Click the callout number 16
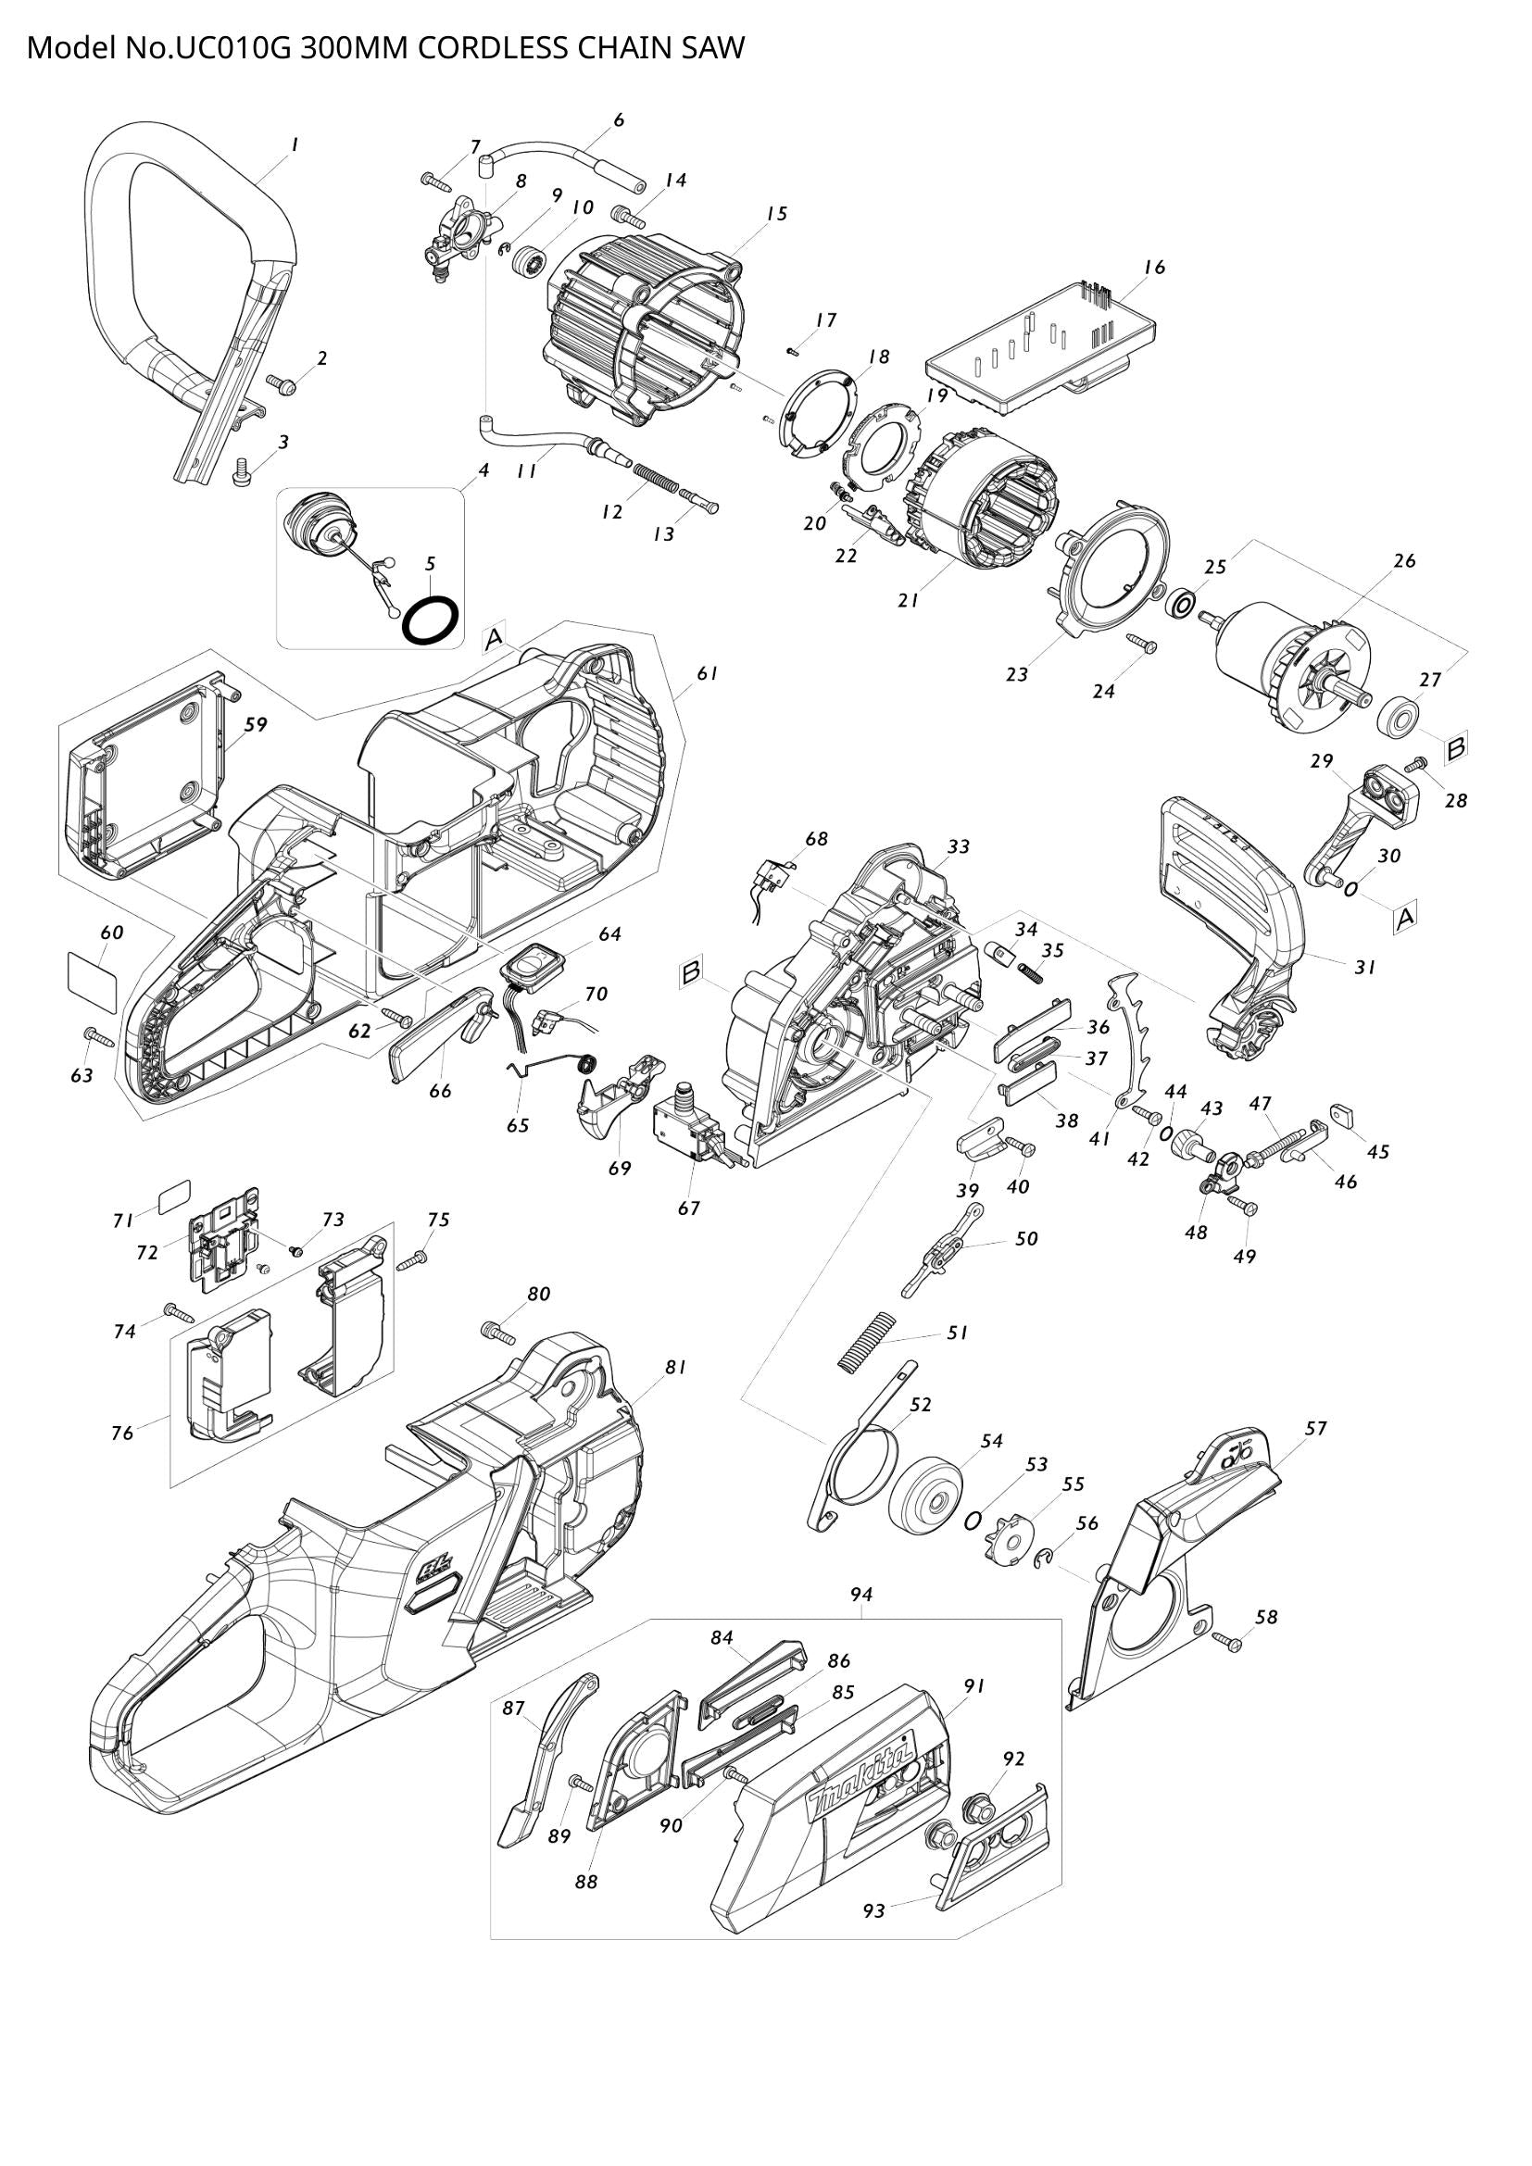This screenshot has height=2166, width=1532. (1154, 267)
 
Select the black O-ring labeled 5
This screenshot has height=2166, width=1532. (431, 620)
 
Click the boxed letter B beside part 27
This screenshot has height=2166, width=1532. (1456, 748)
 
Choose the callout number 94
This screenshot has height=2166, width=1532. (860, 1595)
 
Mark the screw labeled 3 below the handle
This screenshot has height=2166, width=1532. (242, 470)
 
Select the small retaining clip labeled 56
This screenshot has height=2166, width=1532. (1042, 1561)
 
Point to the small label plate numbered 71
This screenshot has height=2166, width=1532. (172, 1198)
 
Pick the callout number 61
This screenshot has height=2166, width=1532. (708, 673)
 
